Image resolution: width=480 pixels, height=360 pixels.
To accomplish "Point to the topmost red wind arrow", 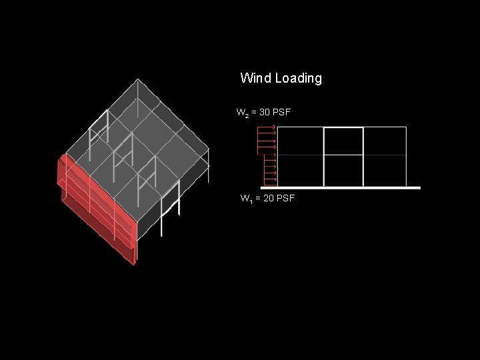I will [x=267, y=126].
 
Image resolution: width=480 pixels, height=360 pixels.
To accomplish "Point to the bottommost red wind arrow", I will [x=270, y=181].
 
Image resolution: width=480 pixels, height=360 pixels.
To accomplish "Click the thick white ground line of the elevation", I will [x=347, y=188].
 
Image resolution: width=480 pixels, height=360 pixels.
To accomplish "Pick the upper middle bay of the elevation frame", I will [x=343, y=141].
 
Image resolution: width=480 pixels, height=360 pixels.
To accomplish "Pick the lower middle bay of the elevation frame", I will [x=343, y=171].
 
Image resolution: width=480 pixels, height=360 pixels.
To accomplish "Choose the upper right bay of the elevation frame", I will [x=385, y=141].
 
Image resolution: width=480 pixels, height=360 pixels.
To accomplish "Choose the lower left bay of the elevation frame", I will [x=300, y=171].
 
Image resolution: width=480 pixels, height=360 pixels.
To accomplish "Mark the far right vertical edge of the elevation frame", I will [x=407, y=157].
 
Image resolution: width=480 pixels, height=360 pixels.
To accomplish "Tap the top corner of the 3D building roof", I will [x=138, y=79].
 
